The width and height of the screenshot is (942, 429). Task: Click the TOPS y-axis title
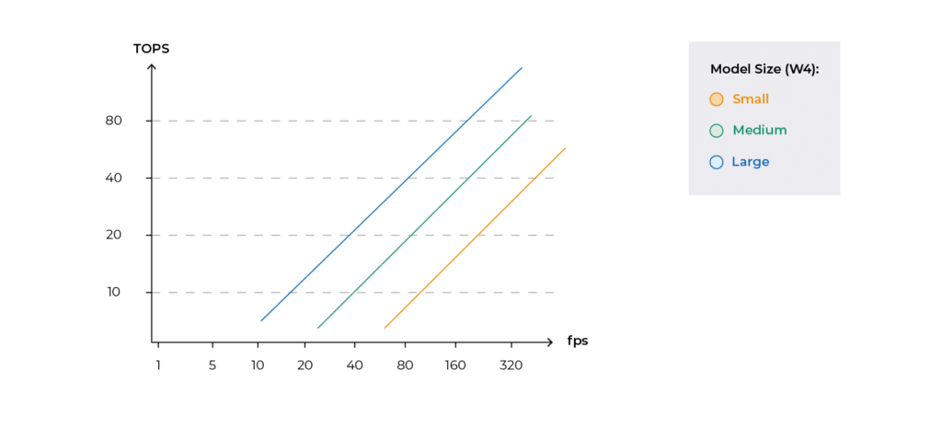pyautogui.click(x=152, y=49)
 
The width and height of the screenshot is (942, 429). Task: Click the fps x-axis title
pyautogui.click(x=578, y=342)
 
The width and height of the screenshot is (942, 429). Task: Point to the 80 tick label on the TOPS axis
pyautogui.click(x=114, y=121)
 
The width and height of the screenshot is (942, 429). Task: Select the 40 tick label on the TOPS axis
pyautogui.click(x=114, y=178)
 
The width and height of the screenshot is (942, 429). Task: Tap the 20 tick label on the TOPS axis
pyautogui.click(x=114, y=235)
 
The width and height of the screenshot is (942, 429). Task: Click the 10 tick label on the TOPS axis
pyautogui.click(x=114, y=292)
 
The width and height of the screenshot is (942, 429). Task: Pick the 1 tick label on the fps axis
pyautogui.click(x=158, y=365)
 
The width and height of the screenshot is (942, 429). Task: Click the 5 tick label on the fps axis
pyautogui.click(x=213, y=365)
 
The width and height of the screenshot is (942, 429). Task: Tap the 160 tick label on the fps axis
pyautogui.click(x=455, y=365)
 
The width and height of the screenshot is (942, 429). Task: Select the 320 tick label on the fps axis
pyautogui.click(x=511, y=365)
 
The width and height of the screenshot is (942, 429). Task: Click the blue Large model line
pyautogui.click(x=391, y=194)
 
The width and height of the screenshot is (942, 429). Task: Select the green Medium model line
pyautogui.click(x=424, y=222)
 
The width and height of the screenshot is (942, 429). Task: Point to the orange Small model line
pyautogui.click(x=475, y=238)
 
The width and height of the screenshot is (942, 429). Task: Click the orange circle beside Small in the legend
pyautogui.click(x=716, y=99)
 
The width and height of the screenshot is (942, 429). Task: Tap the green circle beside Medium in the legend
pyautogui.click(x=716, y=131)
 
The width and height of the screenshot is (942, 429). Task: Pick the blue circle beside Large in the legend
pyautogui.click(x=716, y=162)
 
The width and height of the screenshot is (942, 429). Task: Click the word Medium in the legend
pyautogui.click(x=759, y=131)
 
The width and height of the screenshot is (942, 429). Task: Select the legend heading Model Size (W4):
pyautogui.click(x=764, y=69)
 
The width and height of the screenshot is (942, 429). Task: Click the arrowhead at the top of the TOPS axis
pyautogui.click(x=152, y=66)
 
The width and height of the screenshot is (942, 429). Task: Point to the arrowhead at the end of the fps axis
pyautogui.click(x=549, y=342)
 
